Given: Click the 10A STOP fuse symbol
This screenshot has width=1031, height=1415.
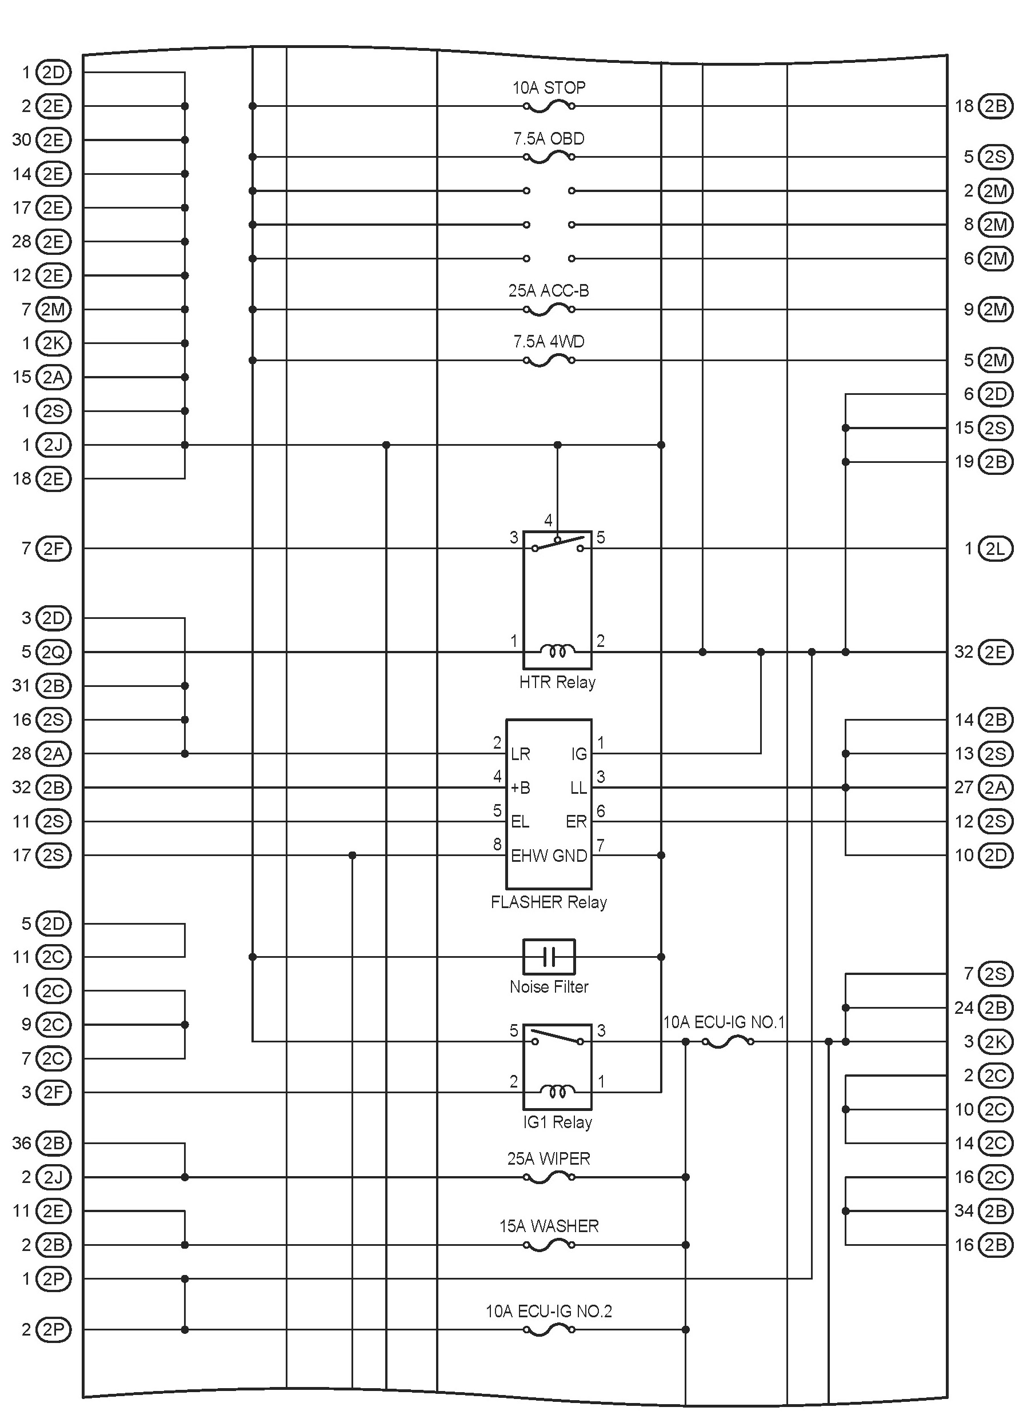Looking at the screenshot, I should click(549, 107).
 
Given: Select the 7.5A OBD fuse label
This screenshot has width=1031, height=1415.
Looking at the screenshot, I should click(549, 138).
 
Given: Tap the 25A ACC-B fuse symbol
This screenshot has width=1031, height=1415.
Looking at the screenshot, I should click(549, 309).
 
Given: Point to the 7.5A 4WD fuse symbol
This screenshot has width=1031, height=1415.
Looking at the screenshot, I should click(549, 361).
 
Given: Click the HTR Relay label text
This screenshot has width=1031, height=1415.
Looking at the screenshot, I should click(557, 682).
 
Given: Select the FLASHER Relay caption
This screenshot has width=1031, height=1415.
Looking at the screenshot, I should click(549, 902).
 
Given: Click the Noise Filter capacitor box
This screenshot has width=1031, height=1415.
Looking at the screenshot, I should click(549, 957).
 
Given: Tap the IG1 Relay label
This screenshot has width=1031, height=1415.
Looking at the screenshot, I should click(557, 1122).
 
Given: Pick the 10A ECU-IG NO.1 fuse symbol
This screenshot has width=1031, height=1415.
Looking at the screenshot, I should click(727, 1041).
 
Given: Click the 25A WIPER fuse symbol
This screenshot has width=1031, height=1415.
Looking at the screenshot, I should click(549, 1177).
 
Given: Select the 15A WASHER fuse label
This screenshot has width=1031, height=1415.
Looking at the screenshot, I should click(549, 1226).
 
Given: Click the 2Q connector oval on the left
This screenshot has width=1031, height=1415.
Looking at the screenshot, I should click(54, 652).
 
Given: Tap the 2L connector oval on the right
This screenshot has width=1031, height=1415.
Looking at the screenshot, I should click(995, 549).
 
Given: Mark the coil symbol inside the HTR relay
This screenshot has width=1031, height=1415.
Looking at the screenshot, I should click(557, 651).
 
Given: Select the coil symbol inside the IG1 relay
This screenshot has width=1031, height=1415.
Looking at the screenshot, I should click(557, 1091).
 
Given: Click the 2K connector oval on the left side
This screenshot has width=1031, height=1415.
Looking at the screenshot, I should click(54, 343).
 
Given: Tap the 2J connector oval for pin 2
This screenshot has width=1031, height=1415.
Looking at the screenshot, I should click(54, 1177).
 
